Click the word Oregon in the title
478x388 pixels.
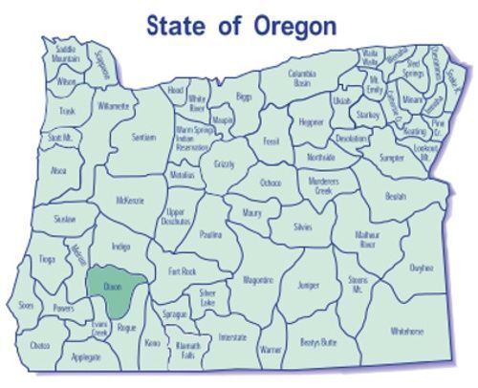pyautogui.click(x=294, y=26)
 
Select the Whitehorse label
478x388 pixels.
pyautogui.click(x=407, y=331)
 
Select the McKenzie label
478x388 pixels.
pyautogui.click(x=129, y=200)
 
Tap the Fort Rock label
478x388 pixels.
pyautogui.click(x=182, y=270)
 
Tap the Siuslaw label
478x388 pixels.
pyautogui.click(x=65, y=219)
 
